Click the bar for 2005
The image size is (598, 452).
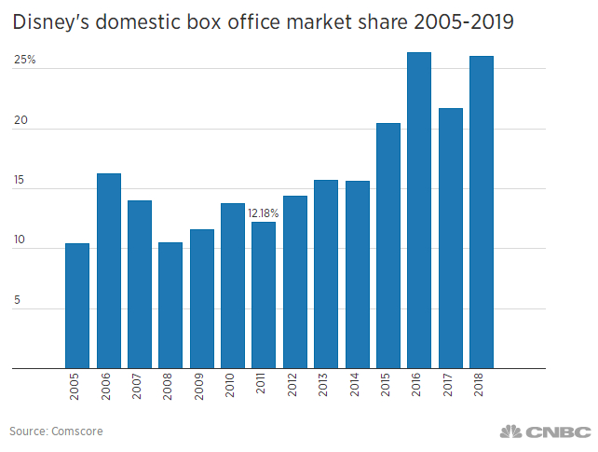77,306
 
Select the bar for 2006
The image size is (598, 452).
108,270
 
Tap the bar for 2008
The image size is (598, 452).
170,305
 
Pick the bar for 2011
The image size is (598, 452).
264,294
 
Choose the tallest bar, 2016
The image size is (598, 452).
419,210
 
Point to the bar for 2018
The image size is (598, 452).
482,212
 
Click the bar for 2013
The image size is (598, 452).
326,274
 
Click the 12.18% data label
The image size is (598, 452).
264,213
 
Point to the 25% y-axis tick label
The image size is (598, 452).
24,61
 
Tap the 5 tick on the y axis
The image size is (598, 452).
17,301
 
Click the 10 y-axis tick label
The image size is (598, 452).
20,240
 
